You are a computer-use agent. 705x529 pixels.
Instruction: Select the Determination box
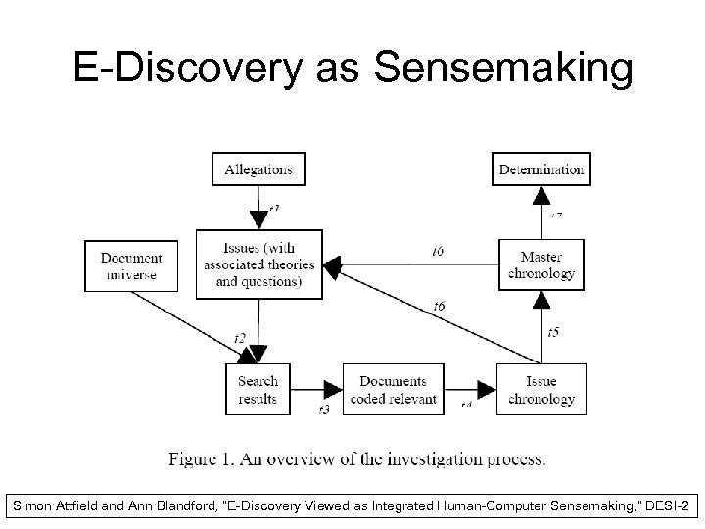point(541,169)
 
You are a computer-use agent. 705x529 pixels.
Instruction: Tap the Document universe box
point(130,264)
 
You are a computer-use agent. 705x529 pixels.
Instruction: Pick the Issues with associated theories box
point(259,264)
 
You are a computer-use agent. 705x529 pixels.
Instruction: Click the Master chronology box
point(541,264)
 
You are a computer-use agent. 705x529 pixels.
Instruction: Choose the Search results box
point(258,389)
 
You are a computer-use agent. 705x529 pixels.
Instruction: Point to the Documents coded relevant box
point(393,389)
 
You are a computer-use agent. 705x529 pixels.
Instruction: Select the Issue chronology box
point(541,389)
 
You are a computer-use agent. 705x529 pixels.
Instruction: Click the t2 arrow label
point(240,338)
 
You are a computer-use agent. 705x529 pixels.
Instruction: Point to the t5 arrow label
point(553,333)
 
